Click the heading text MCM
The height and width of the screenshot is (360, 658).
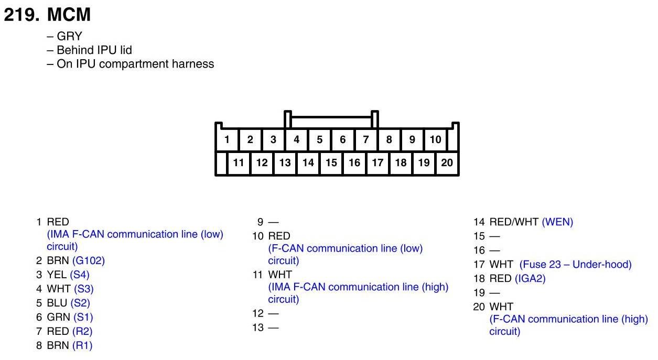[x=69, y=15]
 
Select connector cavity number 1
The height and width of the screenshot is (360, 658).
[x=227, y=139]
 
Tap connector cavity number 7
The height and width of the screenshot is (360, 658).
[x=366, y=139]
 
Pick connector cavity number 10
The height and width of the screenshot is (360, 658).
[x=435, y=139]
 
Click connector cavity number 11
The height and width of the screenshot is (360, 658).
[x=239, y=162]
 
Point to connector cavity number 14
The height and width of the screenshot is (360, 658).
[x=308, y=162]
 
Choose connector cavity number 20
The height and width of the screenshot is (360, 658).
[x=447, y=162]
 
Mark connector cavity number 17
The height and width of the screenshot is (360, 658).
[x=377, y=162]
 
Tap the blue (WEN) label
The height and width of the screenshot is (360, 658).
[x=557, y=222]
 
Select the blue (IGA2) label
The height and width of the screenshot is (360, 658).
[x=530, y=279]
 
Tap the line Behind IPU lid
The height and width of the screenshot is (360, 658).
[x=94, y=50]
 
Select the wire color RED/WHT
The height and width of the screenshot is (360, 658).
[x=513, y=222]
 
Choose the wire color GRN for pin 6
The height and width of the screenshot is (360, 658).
[x=58, y=317]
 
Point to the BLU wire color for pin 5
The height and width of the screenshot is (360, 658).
[x=57, y=303]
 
